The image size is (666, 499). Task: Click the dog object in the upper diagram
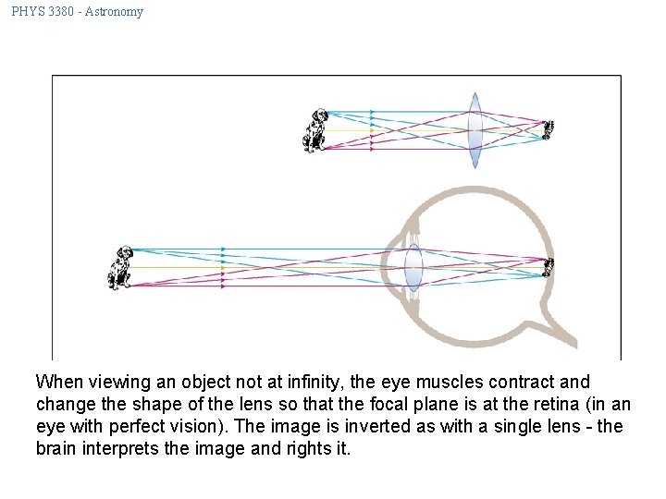pyautogui.click(x=316, y=129)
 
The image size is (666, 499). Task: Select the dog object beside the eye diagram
pyautogui.click(x=120, y=267)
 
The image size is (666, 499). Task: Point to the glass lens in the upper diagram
pyautogui.click(x=475, y=129)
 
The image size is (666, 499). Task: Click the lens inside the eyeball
pyautogui.click(x=413, y=268)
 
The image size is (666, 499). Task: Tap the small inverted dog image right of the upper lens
pyautogui.click(x=548, y=130)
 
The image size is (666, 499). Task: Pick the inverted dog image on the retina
pyautogui.click(x=549, y=268)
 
